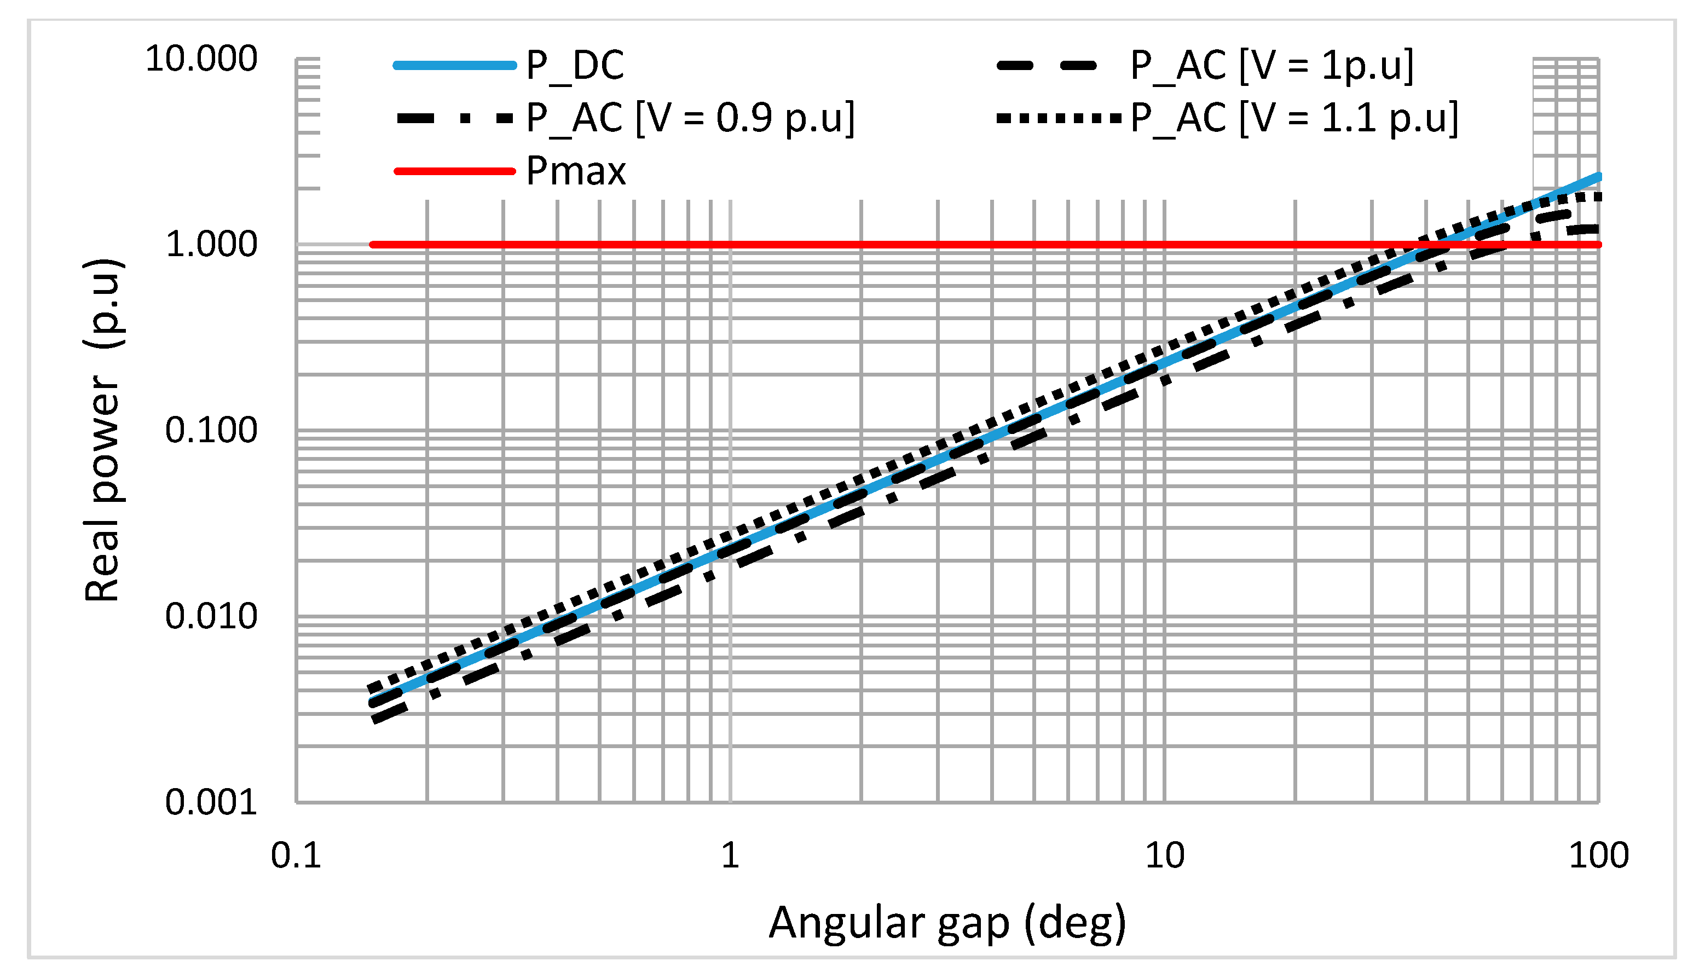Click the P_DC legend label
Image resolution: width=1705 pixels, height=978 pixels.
575,66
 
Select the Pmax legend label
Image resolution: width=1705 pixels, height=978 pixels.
576,171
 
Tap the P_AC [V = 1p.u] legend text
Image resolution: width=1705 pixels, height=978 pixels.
1271,66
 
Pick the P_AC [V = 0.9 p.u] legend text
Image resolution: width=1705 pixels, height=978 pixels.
690,118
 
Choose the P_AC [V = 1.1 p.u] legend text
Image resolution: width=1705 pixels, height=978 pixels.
1294,118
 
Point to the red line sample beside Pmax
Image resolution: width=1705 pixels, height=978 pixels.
455,171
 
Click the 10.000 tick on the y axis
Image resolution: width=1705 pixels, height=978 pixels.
201,59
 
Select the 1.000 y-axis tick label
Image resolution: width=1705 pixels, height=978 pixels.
211,244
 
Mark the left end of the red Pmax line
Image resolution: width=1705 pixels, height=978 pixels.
373,245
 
